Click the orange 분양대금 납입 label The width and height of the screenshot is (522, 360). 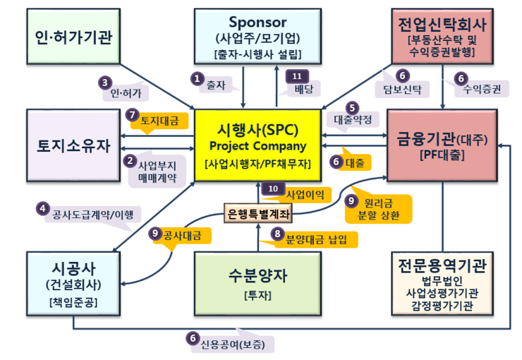(315, 239)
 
